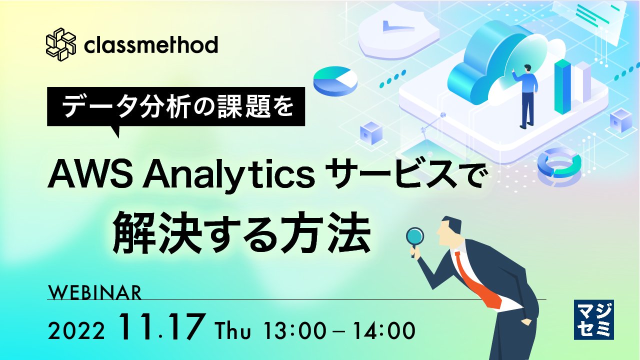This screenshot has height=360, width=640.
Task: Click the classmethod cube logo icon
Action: pos(60,44)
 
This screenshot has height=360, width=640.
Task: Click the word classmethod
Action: pos(151,45)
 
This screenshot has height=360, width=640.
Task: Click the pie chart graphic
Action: pos(335,80)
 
